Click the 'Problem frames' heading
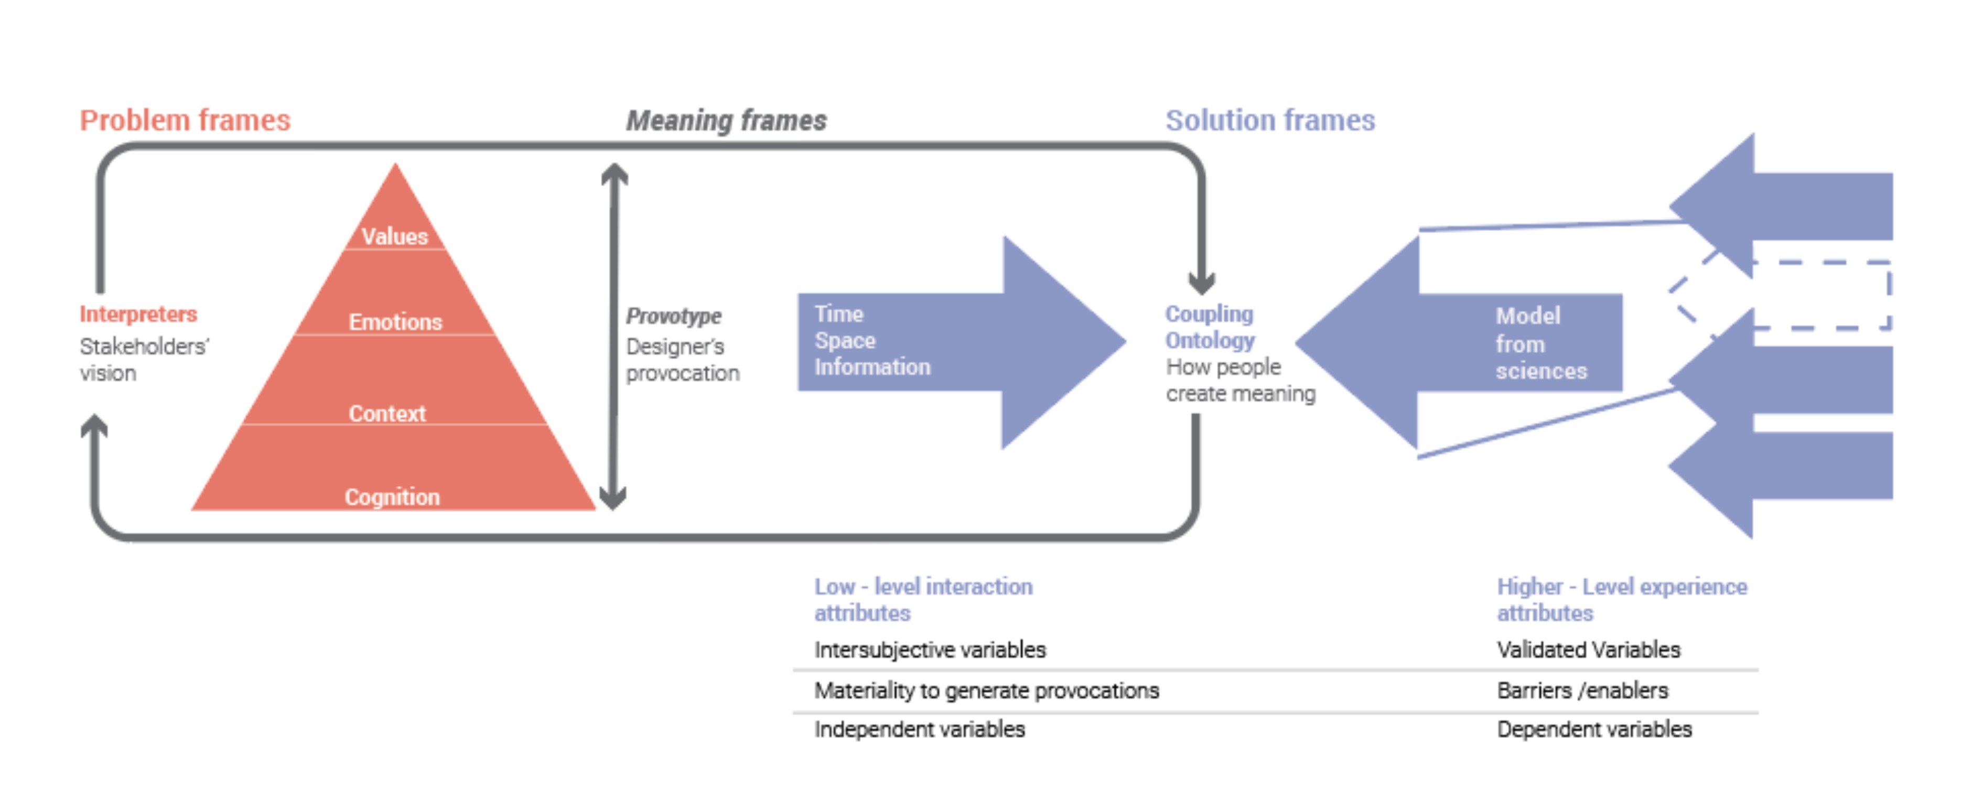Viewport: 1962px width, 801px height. [x=185, y=120]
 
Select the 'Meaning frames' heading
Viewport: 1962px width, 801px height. [x=726, y=120]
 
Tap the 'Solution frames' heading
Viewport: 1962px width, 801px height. [x=1270, y=120]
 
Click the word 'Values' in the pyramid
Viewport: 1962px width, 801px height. [x=394, y=236]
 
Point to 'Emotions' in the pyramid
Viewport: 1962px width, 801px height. [x=395, y=321]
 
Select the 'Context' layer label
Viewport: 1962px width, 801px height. [x=387, y=414]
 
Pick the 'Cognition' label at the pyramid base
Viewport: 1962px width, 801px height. [x=392, y=497]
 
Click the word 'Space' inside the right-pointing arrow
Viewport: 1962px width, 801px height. [x=845, y=340]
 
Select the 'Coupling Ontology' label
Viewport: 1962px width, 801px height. [x=1210, y=327]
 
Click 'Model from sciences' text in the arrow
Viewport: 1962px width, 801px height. [x=1539, y=343]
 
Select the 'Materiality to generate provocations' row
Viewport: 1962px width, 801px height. [x=986, y=690]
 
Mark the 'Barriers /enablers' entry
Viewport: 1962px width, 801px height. [x=1582, y=690]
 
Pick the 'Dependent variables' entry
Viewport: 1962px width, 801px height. [x=1593, y=729]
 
